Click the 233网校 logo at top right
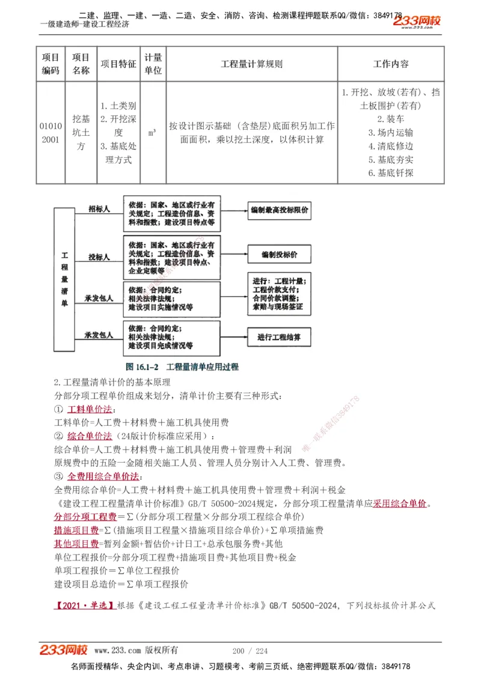point(417,22)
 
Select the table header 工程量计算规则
point(251,64)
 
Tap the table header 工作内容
point(391,64)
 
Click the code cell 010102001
point(51,133)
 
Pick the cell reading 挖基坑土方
point(81,133)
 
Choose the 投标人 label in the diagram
point(99,257)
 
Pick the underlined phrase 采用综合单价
point(400,503)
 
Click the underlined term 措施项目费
point(76,530)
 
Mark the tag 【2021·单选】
point(85,606)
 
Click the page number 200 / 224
point(250,651)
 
